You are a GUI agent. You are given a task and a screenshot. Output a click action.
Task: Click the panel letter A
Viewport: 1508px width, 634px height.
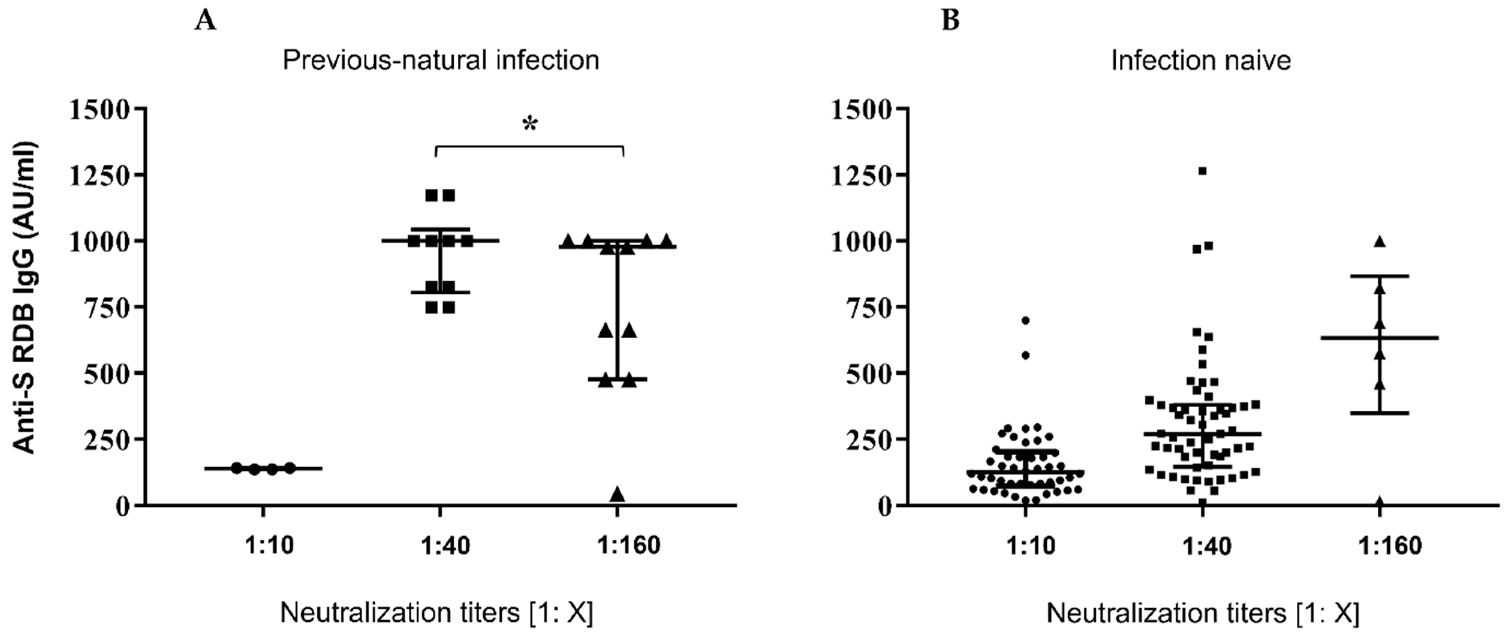[x=206, y=21]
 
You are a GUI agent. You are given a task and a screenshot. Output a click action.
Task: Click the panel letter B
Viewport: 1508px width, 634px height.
[x=951, y=21]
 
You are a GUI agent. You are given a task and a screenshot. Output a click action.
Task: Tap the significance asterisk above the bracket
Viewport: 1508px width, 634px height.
[x=530, y=125]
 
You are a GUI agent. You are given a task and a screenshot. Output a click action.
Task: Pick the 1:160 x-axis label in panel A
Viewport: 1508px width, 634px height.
[x=628, y=545]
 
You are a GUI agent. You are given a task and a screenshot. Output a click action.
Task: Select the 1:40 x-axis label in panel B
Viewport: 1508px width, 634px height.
[x=1207, y=545]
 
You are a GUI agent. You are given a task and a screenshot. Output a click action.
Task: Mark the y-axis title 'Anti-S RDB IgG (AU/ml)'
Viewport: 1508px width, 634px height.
[x=24, y=297]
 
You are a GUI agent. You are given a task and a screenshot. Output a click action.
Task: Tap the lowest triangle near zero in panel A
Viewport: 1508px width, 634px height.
[x=618, y=494]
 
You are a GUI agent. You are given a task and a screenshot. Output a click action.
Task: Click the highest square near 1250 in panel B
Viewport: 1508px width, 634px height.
[x=1202, y=171]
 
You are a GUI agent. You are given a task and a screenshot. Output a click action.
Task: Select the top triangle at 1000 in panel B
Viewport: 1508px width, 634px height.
[x=1380, y=241]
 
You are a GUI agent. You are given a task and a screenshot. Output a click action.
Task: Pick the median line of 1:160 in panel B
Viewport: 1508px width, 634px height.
[x=1405, y=338]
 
